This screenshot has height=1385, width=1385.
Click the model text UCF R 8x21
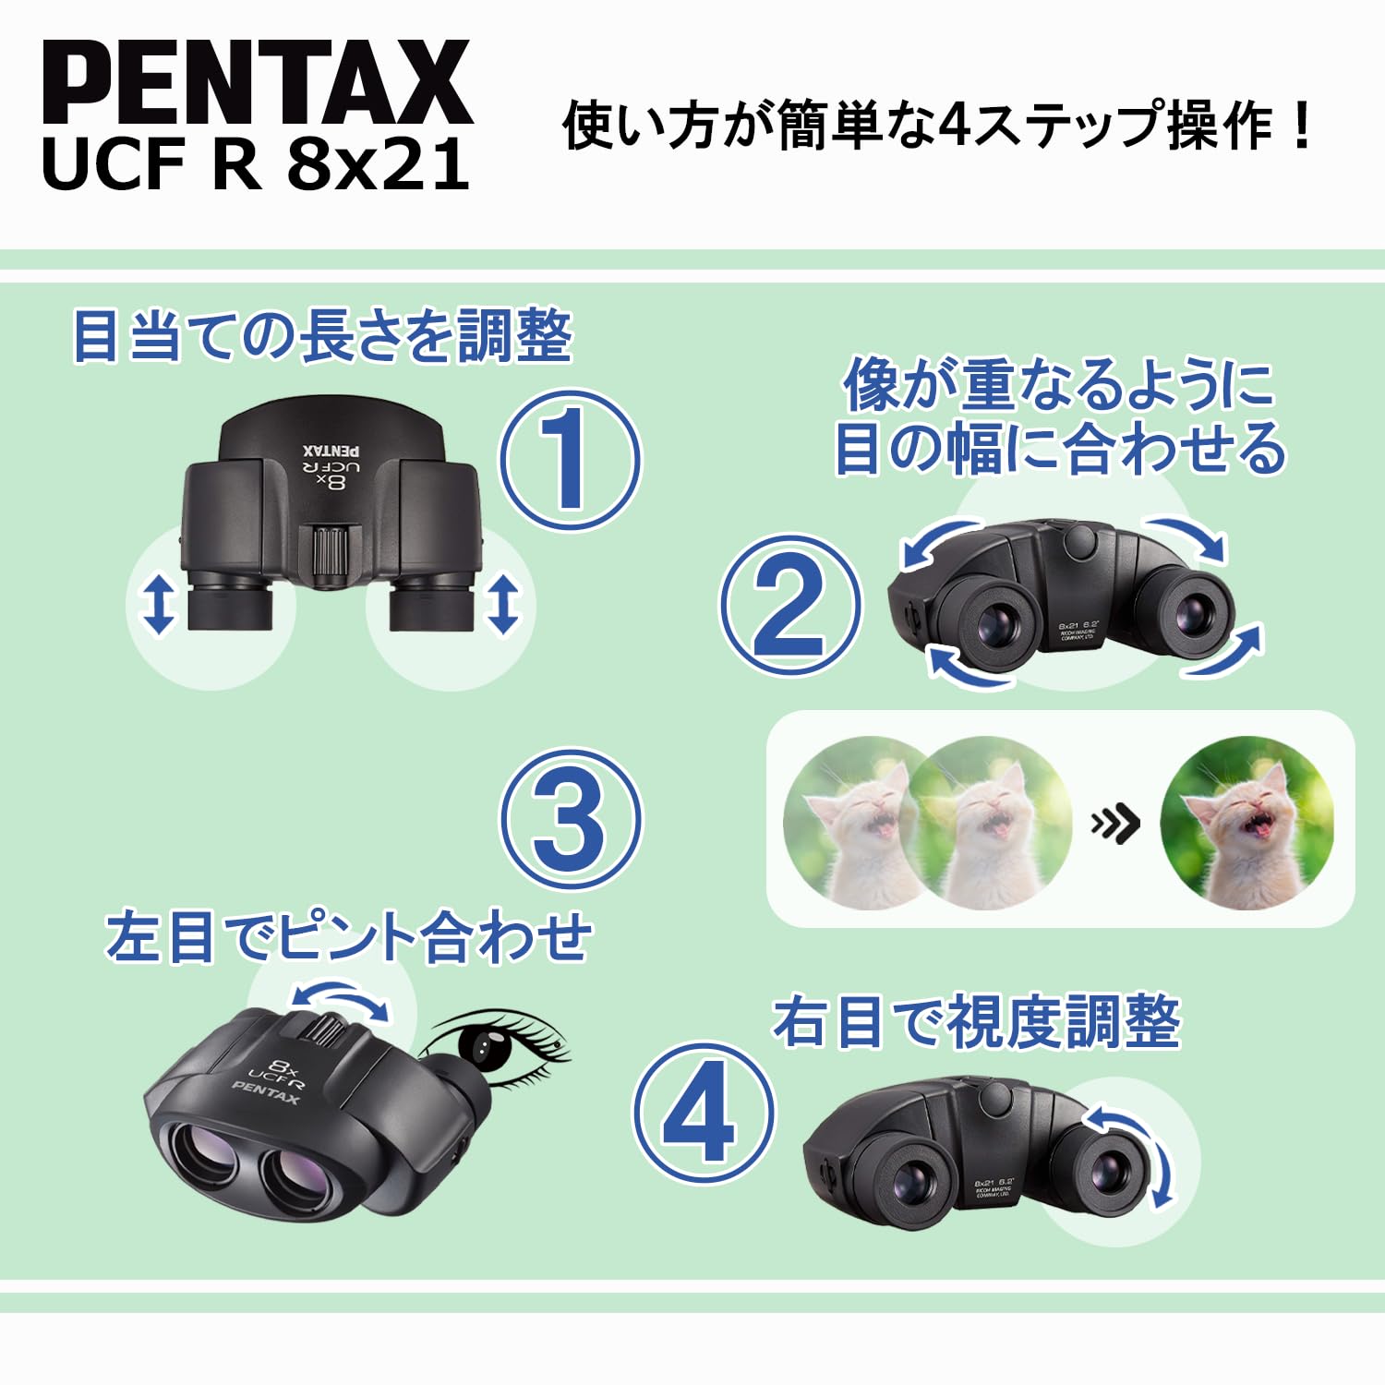click(x=256, y=165)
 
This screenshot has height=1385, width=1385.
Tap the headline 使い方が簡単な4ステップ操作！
click(x=936, y=126)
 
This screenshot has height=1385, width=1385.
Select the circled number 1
click(x=570, y=460)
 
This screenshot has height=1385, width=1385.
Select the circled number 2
click(x=789, y=606)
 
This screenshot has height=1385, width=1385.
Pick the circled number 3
click(x=570, y=818)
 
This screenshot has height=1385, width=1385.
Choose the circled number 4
click(x=703, y=1113)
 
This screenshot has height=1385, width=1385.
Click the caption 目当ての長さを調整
click(x=322, y=336)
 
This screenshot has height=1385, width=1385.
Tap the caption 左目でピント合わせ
click(x=348, y=936)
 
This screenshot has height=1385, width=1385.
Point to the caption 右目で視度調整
click(x=976, y=1022)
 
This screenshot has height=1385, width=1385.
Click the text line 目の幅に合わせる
click(x=1059, y=449)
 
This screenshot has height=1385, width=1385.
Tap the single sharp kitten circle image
click(x=1246, y=823)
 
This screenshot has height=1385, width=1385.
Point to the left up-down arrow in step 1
click(x=159, y=604)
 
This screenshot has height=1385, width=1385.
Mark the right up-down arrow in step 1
click(x=502, y=604)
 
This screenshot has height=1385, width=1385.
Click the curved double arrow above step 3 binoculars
click(x=340, y=1001)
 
